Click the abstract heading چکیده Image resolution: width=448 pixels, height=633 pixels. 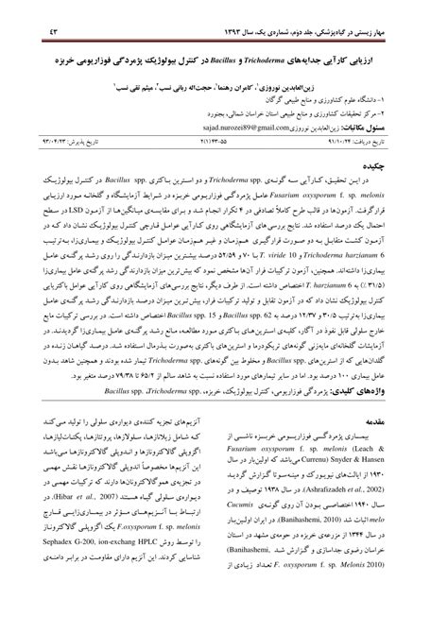[x=405, y=163]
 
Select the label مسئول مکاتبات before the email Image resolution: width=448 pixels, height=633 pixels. [x=397, y=124]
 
